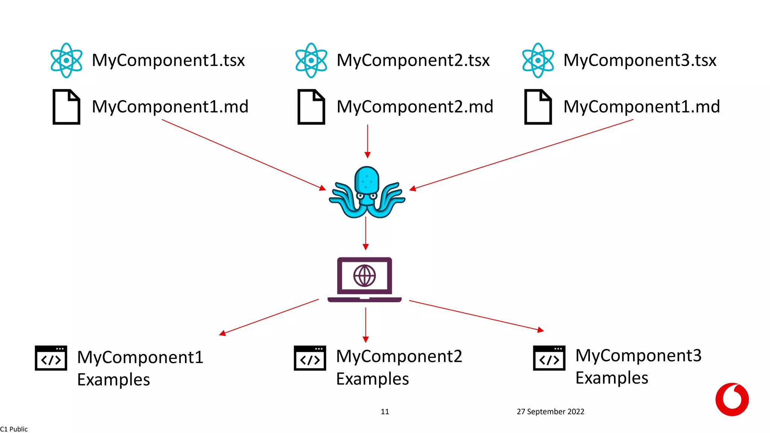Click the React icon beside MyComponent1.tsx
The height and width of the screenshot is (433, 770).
pyautogui.click(x=67, y=60)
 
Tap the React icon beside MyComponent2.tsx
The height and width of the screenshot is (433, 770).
pyautogui.click(x=311, y=60)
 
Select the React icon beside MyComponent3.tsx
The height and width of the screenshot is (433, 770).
pyautogui.click(x=538, y=60)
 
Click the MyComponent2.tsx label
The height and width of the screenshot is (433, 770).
pyautogui.click(x=413, y=60)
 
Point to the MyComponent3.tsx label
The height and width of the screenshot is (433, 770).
pyautogui.click(x=640, y=60)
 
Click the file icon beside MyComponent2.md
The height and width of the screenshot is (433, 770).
pyautogui.click(x=311, y=107)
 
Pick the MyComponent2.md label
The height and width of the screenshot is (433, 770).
pyautogui.click(x=415, y=107)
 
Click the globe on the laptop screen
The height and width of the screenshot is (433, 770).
pyautogui.click(x=364, y=276)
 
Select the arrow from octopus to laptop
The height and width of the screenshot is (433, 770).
pyautogui.click(x=365, y=233)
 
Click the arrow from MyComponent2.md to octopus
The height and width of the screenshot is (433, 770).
pyautogui.click(x=367, y=141)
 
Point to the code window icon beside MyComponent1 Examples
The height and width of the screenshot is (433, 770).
pyautogui.click(x=51, y=358)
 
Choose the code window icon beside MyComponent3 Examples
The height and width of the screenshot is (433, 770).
pyautogui.click(x=549, y=358)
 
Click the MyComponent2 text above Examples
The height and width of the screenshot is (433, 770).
pyautogui.click(x=399, y=356)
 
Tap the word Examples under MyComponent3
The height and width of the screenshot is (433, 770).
pyautogui.click(x=612, y=378)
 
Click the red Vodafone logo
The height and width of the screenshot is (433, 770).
pyautogui.click(x=732, y=399)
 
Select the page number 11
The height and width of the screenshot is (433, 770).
pyautogui.click(x=385, y=412)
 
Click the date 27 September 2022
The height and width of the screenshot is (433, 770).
pyautogui.click(x=550, y=412)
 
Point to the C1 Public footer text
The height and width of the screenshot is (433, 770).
pyautogui.click(x=14, y=429)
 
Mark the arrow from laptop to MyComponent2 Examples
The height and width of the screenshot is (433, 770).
pyautogui.click(x=365, y=324)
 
